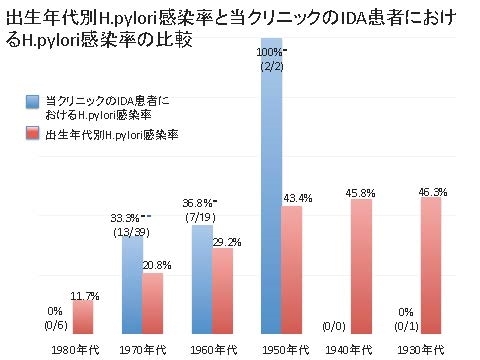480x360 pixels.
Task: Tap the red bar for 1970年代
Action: tap(153, 302)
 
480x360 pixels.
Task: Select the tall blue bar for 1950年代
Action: tap(271, 200)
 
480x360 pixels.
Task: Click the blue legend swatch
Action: tap(33, 101)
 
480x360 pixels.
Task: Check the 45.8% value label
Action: tap(362, 193)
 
